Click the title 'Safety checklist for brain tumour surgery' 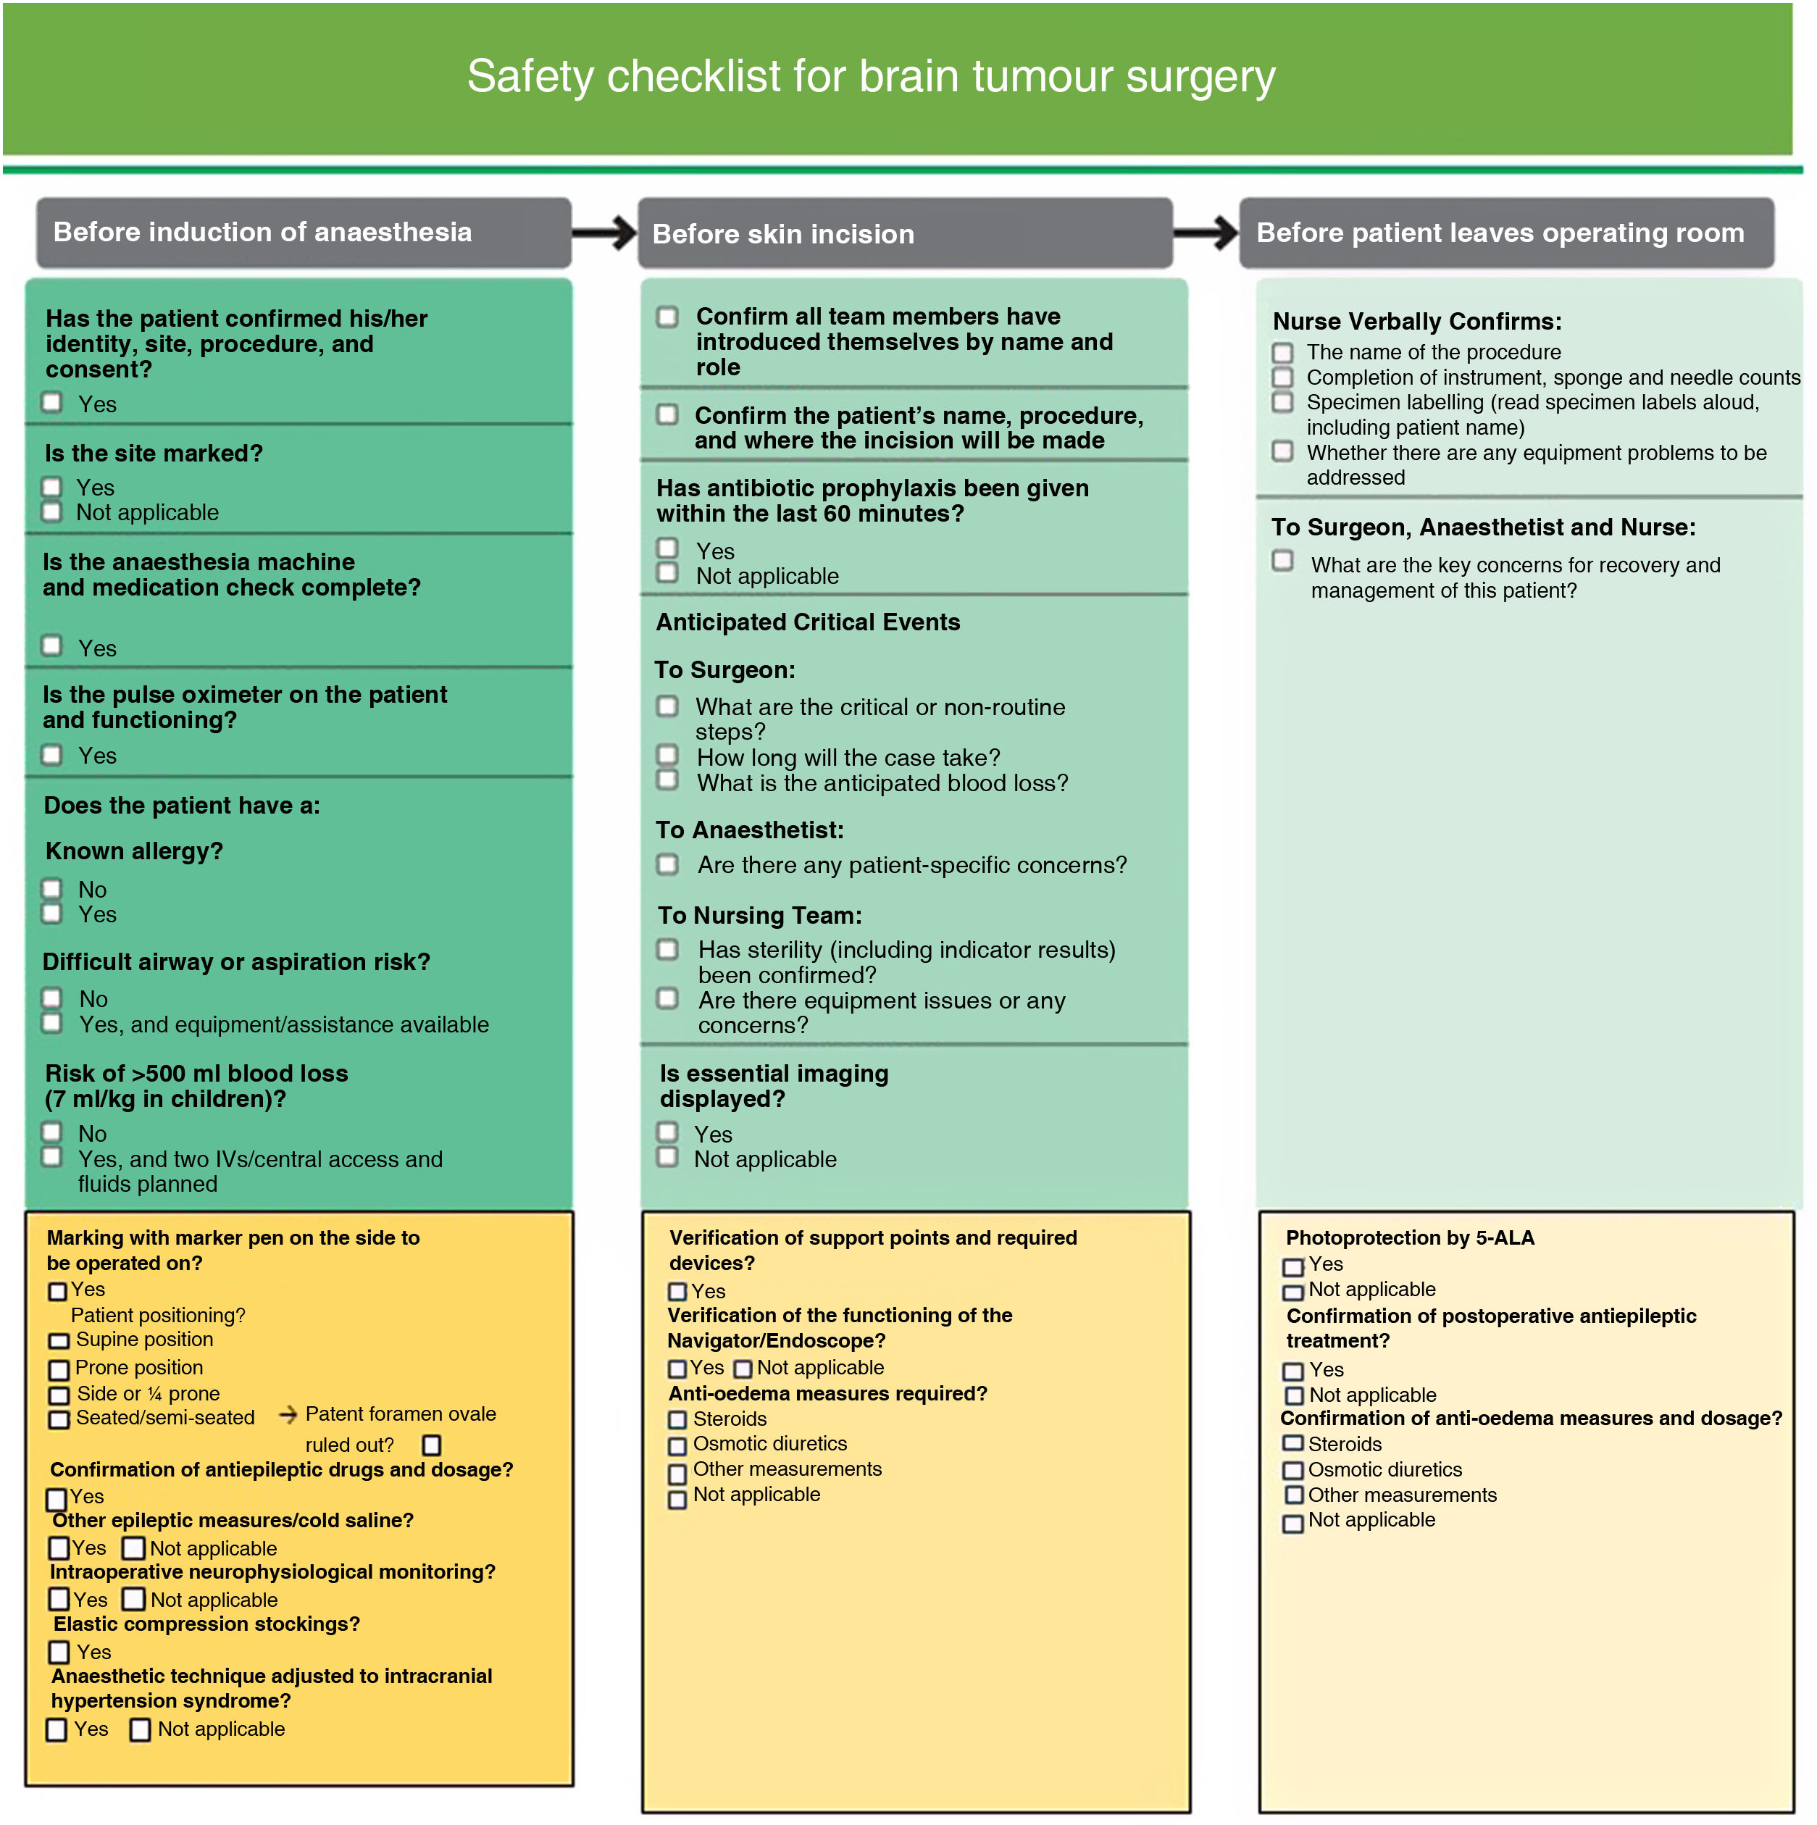[x=870, y=77]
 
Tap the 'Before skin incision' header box [x=905, y=233]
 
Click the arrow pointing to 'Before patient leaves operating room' [x=1206, y=233]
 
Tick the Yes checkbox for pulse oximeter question [x=52, y=755]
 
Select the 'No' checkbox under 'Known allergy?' [x=52, y=889]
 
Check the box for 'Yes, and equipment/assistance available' [x=52, y=1023]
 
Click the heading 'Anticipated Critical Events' [x=808, y=622]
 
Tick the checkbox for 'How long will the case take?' [x=668, y=756]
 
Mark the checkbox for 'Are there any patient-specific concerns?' [x=668, y=864]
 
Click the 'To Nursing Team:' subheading [x=759, y=915]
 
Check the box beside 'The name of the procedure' [x=1282, y=352]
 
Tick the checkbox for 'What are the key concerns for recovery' [x=1282, y=561]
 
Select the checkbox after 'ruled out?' [x=432, y=1445]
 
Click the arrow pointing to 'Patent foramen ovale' [x=288, y=1415]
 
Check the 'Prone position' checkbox [x=59, y=1369]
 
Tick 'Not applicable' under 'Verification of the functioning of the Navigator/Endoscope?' [x=743, y=1369]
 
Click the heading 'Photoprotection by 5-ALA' [x=1409, y=1237]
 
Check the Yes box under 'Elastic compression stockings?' [x=59, y=1652]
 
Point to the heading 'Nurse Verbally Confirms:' [x=1416, y=321]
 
